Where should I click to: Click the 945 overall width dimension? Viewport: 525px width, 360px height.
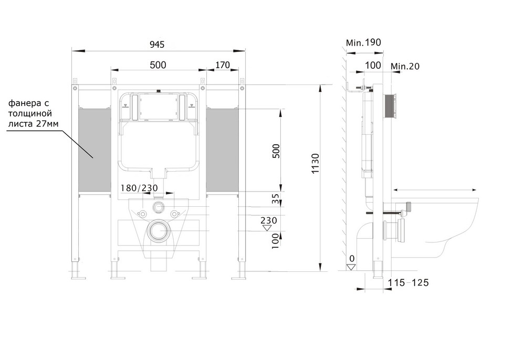[156, 45]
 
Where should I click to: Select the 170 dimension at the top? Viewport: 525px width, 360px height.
[222, 65]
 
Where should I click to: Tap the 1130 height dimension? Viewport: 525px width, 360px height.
[316, 163]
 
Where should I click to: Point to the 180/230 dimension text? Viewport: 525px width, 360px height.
[139, 188]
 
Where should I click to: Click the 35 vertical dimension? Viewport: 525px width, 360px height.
[275, 199]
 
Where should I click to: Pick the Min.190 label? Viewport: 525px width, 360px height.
[363, 43]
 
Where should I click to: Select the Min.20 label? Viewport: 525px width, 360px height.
[405, 66]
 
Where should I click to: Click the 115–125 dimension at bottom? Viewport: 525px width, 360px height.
[408, 283]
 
